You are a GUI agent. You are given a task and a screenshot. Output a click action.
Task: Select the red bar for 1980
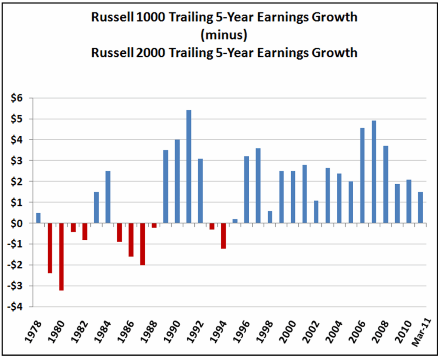click(x=61, y=257)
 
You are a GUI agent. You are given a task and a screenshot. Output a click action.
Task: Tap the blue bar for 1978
click(x=38, y=218)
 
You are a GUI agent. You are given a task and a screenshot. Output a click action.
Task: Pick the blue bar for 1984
click(x=108, y=197)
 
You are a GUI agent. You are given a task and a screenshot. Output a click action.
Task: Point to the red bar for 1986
click(x=131, y=240)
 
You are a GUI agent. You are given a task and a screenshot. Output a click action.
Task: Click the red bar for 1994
click(x=223, y=236)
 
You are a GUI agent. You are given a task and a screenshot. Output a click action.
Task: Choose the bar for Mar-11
click(x=420, y=207)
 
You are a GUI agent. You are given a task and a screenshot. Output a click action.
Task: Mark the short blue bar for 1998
click(x=270, y=217)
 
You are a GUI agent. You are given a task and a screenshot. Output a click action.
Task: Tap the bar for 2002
click(x=316, y=212)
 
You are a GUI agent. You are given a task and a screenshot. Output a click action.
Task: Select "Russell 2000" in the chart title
click(x=128, y=52)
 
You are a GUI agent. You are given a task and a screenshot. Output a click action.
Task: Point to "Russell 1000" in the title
click(x=128, y=18)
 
